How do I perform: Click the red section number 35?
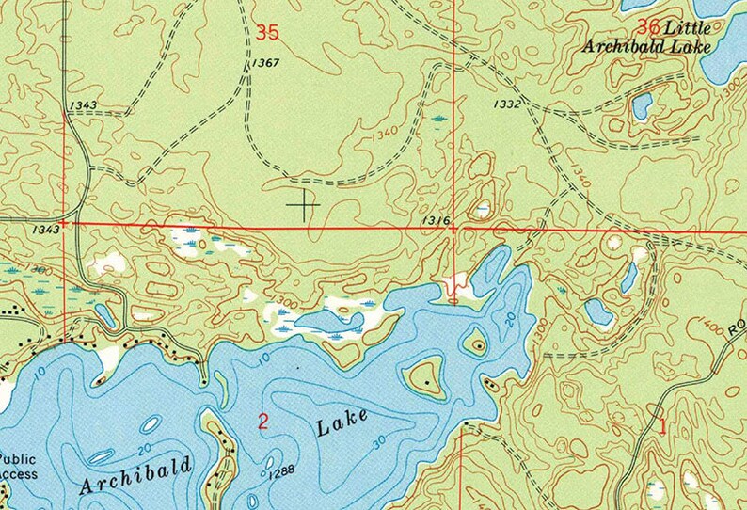[267, 32]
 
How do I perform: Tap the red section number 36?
[648, 26]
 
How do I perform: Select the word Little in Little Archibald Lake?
[688, 26]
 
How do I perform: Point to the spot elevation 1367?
[265, 63]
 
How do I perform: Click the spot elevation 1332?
[506, 104]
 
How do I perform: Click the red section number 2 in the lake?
[262, 422]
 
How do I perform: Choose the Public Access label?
[18, 467]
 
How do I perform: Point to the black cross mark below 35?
[304, 203]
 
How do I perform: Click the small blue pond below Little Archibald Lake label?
[642, 106]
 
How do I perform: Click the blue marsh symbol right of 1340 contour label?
[439, 119]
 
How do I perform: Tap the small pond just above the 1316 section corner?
[483, 209]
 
